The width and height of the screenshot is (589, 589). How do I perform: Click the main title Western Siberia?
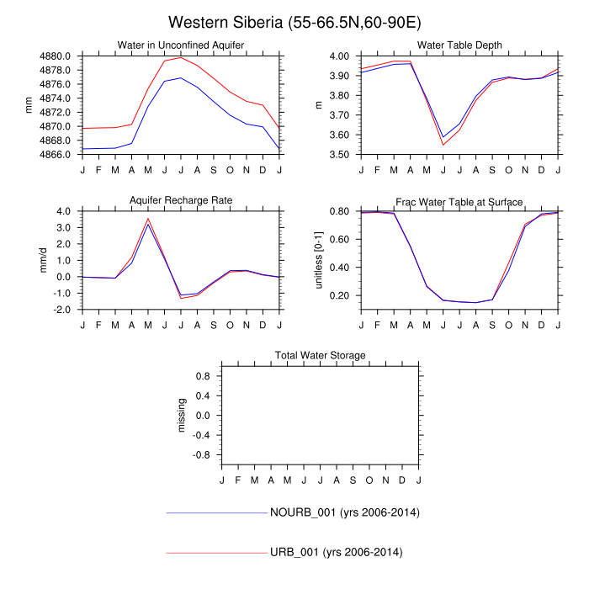294,22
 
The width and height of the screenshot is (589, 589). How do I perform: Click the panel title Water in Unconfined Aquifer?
180,45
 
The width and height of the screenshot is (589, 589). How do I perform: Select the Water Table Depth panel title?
459,45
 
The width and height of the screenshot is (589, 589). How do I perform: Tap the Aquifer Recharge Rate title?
180,200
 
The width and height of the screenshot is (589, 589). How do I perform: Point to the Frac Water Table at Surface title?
459,202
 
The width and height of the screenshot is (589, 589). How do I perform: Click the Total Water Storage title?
320,356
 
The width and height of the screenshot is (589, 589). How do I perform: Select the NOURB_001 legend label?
344,512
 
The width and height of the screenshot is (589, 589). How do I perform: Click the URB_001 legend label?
336,552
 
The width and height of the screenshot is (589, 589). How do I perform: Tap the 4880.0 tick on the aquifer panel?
56,56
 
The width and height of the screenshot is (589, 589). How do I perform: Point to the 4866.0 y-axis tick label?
56,155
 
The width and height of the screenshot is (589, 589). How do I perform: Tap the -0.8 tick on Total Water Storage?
202,455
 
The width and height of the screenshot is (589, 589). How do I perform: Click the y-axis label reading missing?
182,415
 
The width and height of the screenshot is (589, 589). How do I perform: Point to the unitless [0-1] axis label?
319,260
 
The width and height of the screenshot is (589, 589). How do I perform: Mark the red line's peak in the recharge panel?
148,218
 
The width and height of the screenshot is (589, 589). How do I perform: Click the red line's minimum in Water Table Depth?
443,145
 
